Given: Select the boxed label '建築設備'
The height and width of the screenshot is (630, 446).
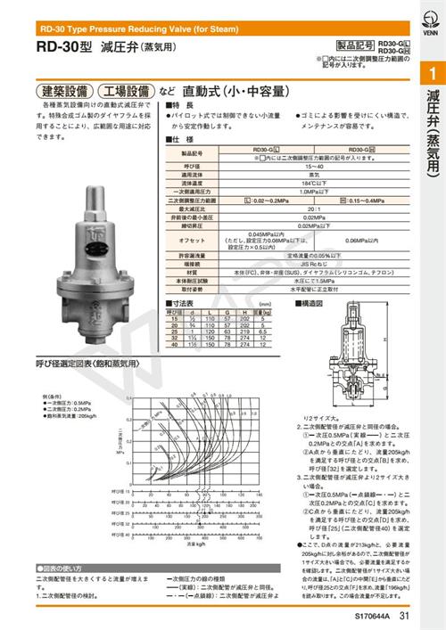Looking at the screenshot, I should (63, 92).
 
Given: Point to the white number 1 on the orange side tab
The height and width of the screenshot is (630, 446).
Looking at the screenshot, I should (432, 74).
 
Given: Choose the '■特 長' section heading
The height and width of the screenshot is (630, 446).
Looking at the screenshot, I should (180, 106).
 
